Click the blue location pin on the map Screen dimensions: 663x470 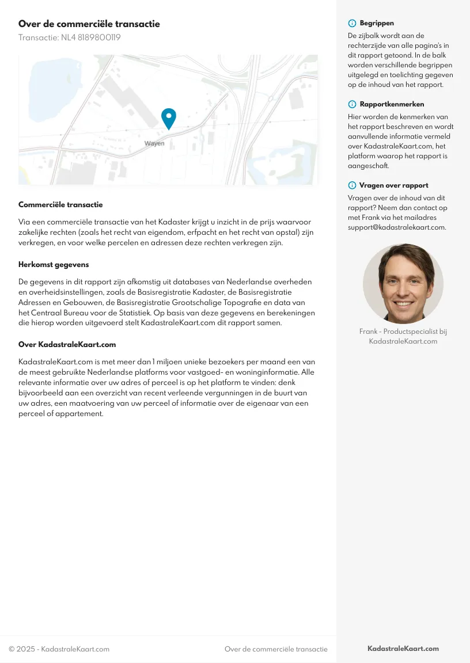pyautogui.click(x=169, y=118)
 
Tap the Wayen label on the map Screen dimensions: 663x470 pyautogui.click(x=154, y=143)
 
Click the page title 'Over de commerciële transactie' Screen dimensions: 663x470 pyautogui.click(x=89, y=24)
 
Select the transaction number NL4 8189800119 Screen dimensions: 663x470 pyautogui.click(x=69, y=38)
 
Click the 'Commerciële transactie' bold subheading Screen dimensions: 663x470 pyautogui.click(x=60, y=204)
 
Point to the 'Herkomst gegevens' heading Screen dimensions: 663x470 pyautogui.click(x=54, y=265)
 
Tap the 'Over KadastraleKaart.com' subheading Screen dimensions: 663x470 pyautogui.click(x=67, y=345)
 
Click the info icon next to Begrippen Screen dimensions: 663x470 pyautogui.click(x=352, y=24)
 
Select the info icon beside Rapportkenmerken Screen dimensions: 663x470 pyautogui.click(x=352, y=104)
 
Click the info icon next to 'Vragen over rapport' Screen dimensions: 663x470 pyautogui.click(x=352, y=185)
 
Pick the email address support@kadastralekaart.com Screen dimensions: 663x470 pyautogui.click(x=397, y=227)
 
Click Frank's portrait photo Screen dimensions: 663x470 pyautogui.click(x=403, y=283)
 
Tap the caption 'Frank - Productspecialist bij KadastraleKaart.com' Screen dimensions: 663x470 pyautogui.click(x=403, y=336)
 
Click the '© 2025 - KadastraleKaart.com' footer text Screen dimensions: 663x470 pyautogui.click(x=59, y=649)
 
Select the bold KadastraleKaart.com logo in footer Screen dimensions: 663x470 pyautogui.click(x=403, y=649)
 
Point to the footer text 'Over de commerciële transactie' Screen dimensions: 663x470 pyautogui.click(x=276, y=649)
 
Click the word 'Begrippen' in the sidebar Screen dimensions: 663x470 pyautogui.click(x=377, y=24)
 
